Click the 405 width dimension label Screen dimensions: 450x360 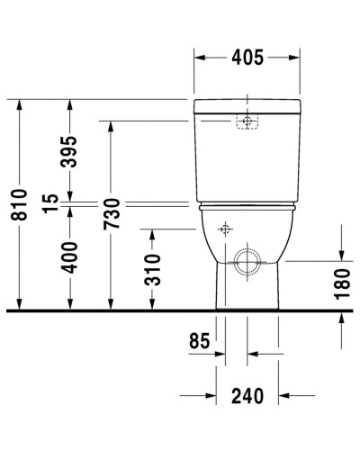coord(246,58)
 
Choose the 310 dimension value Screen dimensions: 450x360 coord(152,269)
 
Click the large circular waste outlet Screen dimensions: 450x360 coord(246,263)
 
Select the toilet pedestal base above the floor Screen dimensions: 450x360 coord(246,292)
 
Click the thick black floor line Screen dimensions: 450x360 coord(180,311)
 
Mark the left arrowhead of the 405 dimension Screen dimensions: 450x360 coord(200,58)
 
